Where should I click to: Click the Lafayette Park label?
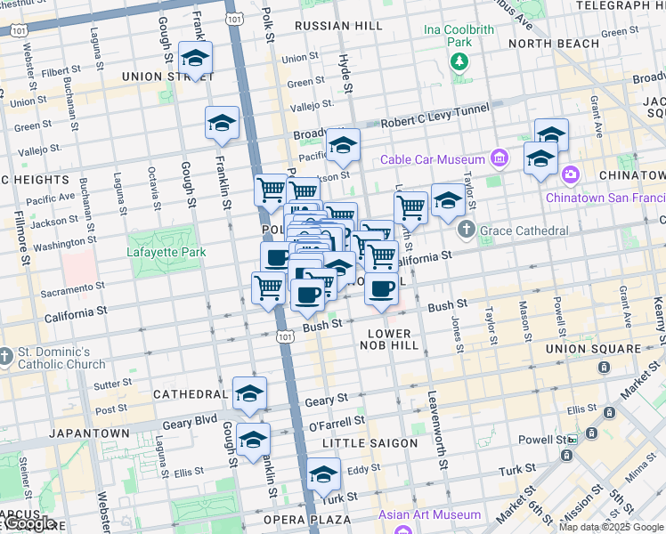[x=166, y=252]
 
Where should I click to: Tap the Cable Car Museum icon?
[x=499, y=160]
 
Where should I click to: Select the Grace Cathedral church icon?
[x=467, y=231]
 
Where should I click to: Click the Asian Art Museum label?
[x=430, y=514]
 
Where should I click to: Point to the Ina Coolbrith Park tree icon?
[x=459, y=61]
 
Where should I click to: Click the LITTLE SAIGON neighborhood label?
[x=370, y=443]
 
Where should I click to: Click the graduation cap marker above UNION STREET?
[x=195, y=59]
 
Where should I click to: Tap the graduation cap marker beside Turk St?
[x=323, y=474]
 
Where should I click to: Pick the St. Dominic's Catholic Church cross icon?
[x=7, y=356]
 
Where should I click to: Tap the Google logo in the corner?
[x=29, y=524]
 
